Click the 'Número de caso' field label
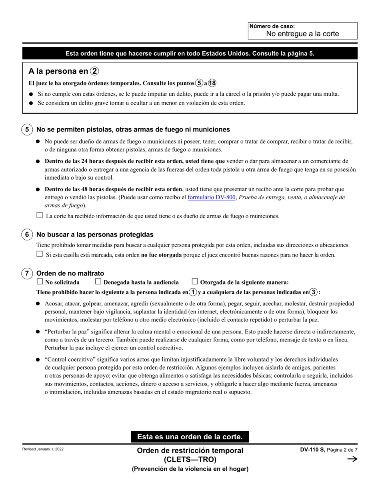(x=272, y=26)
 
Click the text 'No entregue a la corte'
(x=302, y=34)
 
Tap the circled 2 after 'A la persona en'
(x=94, y=71)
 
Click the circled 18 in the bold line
(x=212, y=83)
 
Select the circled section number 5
(x=27, y=129)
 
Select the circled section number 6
(x=27, y=234)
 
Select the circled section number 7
(x=27, y=273)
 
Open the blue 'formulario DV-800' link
(x=211, y=197)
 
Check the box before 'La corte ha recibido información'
(x=40, y=215)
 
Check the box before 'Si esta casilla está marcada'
(x=40, y=254)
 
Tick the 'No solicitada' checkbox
(x=40, y=281)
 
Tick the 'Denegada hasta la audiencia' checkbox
(x=98, y=281)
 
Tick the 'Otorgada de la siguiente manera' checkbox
(x=195, y=281)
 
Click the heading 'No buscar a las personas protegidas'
(x=95, y=234)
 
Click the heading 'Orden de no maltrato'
(x=70, y=273)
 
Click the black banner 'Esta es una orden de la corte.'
(x=190, y=436)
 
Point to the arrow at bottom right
(x=352, y=459)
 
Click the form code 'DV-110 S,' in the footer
(x=313, y=450)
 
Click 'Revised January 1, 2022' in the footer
(x=43, y=449)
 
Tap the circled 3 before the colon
(x=314, y=292)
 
